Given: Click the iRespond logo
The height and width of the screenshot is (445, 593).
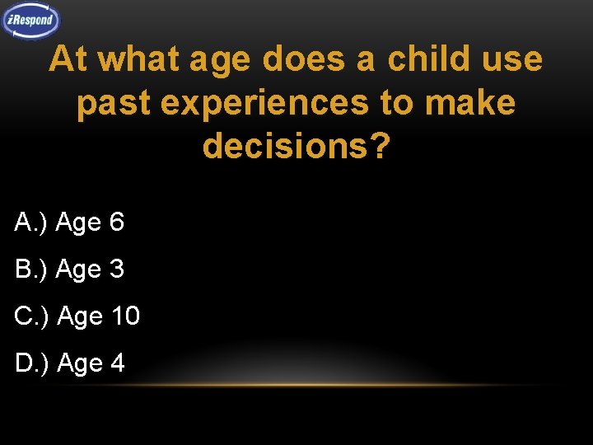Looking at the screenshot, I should pos(32,21).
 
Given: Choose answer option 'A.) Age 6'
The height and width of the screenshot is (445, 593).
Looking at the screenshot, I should pos(69,222).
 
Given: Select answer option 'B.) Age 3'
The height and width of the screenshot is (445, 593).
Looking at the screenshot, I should pos(69,269).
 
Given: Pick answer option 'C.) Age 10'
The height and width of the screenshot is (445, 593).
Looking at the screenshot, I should pos(77,316).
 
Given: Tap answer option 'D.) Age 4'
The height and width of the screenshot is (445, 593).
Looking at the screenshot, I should pos(69,363).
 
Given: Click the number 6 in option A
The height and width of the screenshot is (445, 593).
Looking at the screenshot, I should pos(116,222).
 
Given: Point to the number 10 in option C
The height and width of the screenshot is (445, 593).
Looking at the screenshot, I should pos(124,316).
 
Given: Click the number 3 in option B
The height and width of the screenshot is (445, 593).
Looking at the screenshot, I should pos(116,269).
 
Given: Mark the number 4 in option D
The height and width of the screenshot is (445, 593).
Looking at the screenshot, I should pos(116,363).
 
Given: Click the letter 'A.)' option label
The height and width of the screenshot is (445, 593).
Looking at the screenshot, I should pos(30,222).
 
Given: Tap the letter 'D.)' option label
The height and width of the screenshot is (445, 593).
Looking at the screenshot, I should pos(31,363).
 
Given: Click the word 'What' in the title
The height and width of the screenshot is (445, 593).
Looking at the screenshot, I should pos(139,59).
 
